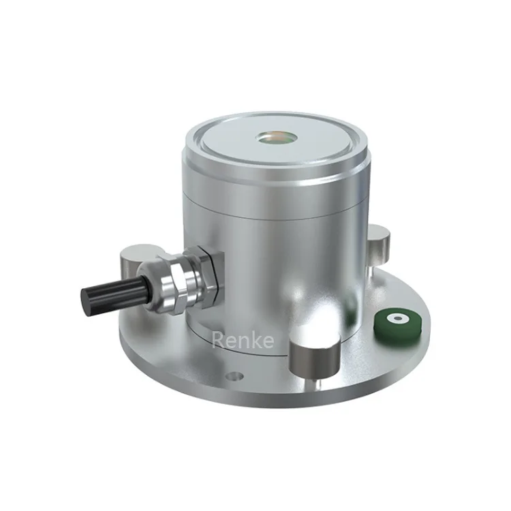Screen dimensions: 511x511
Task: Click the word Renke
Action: tap(243, 338)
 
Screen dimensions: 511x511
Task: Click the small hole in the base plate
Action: tap(234, 375)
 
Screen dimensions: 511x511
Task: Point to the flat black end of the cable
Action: tap(86, 300)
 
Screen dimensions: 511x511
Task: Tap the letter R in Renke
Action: tap(219, 338)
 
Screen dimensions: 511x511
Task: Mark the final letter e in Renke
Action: tap(269, 339)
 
